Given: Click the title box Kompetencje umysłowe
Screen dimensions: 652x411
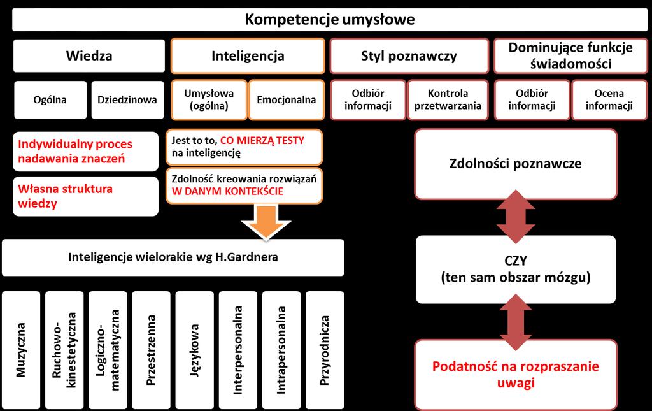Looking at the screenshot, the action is (x=330, y=20).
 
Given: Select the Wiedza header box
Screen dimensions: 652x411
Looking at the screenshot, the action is (x=89, y=55).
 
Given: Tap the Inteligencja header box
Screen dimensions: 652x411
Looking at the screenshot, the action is (x=248, y=55).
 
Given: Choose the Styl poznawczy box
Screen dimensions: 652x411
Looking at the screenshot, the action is (x=409, y=55).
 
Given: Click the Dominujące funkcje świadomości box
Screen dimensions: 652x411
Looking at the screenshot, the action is (x=570, y=55).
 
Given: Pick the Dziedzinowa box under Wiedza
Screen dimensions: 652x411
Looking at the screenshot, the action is (x=127, y=100).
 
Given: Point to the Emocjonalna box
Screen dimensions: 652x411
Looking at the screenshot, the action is (x=287, y=100).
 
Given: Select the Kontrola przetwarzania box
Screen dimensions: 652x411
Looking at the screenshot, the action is (x=448, y=100).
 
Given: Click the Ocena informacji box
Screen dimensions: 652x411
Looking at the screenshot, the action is (x=609, y=100).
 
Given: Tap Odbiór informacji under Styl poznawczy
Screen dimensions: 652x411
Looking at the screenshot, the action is (x=368, y=100).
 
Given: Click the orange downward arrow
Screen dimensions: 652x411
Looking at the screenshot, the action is (x=266, y=222).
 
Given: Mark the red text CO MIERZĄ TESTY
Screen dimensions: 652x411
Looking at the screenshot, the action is (x=262, y=141).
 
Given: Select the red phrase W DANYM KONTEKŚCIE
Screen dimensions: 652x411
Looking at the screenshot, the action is (x=227, y=191).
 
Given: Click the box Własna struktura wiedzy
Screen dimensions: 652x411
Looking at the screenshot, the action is (x=86, y=196).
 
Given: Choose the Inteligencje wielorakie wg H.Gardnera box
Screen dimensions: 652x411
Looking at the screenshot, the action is (x=173, y=257).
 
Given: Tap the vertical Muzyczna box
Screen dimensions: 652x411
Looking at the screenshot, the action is (x=21, y=350).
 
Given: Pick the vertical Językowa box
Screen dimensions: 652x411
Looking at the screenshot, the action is (x=195, y=350).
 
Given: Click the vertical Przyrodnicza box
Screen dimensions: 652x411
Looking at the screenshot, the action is (x=325, y=350).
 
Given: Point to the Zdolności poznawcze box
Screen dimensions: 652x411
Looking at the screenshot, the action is (x=516, y=164).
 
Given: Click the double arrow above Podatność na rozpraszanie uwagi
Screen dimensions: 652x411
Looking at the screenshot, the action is (x=516, y=322).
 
